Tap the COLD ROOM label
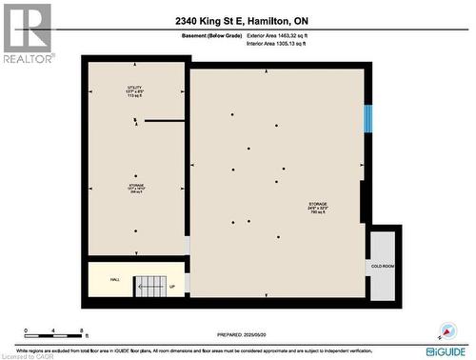tap(383, 264)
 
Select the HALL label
tap(114, 279)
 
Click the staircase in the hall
tap(150, 285)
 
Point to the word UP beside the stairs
tap(172, 287)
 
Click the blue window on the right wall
tap(367, 119)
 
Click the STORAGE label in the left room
tap(136, 186)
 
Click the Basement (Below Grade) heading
tap(208, 34)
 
